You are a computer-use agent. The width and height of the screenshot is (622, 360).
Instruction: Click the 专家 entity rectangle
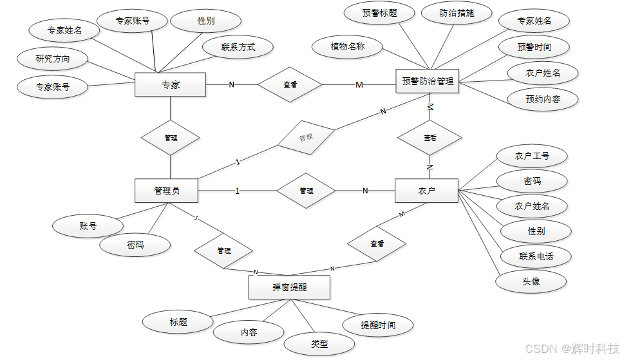pos(170,84)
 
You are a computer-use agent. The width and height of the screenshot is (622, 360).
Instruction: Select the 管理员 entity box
pos(166,191)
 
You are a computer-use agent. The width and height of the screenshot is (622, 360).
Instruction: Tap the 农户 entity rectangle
pos(426,191)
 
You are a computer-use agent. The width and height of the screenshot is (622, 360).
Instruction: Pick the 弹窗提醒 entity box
pos(289,287)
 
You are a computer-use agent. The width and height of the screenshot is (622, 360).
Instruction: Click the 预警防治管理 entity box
pos(428,81)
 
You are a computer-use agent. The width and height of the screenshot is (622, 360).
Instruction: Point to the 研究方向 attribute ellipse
pos(53,59)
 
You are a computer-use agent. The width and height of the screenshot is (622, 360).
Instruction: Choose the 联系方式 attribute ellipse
pos(238,47)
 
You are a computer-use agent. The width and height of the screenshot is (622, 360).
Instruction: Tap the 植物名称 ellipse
pos(347,46)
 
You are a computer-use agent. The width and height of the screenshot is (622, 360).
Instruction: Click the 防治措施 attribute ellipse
pos(457,13)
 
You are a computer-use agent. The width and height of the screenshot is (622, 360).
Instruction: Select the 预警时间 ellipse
pos(534,47)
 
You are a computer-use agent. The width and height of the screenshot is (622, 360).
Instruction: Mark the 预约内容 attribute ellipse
pos(543,99)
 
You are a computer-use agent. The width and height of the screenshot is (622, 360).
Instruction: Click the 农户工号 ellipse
pos(532,156)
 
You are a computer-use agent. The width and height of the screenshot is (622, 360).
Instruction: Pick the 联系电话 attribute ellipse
pos(536,256)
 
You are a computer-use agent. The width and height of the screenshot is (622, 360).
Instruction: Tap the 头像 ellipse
pos(531,281)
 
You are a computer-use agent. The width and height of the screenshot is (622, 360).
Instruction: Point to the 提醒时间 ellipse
pos(378,325)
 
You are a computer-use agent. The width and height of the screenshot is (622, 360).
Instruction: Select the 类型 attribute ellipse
pos(319,344)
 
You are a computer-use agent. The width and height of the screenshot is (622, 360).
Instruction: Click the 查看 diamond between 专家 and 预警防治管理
pos(290,84)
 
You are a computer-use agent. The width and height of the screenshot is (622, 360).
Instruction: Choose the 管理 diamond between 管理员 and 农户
pos(306,191)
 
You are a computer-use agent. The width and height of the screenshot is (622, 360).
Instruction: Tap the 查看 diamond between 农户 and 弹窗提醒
pos(377,244)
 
